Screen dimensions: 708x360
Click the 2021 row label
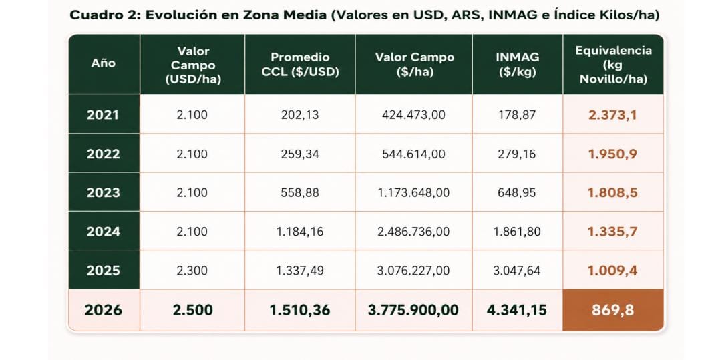tap(103, 115)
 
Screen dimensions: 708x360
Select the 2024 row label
tap(104, 232)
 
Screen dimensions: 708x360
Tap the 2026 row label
tap(104, 310)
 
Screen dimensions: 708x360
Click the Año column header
tap(104, 63)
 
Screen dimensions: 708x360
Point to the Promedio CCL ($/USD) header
tap(300, 65)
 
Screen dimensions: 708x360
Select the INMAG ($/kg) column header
tap(518, 65)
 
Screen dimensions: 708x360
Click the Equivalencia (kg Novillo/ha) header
tap(613, 65)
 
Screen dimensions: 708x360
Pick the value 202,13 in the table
tap(300, 115)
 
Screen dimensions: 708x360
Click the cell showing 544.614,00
tap(413, 154)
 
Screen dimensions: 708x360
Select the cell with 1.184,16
tap(300, 232)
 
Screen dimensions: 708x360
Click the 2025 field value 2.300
tap(192, 271)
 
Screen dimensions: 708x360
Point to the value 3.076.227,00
tap(413, 271)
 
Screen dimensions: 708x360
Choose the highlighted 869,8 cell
tap(613, 310)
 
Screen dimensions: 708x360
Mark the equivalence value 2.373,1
tap(612, 115)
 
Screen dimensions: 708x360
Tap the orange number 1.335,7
tap(612, 232)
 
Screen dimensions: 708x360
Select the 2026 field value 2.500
tap(192, 310)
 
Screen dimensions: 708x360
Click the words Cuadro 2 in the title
tap(105, 15)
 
